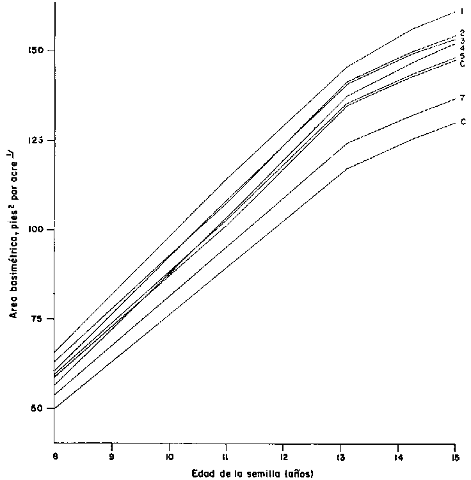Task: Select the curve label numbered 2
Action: pos(462,32)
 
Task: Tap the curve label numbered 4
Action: pos(462,47)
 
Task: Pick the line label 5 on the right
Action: pos(462,56)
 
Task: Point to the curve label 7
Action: pos(462,98)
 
